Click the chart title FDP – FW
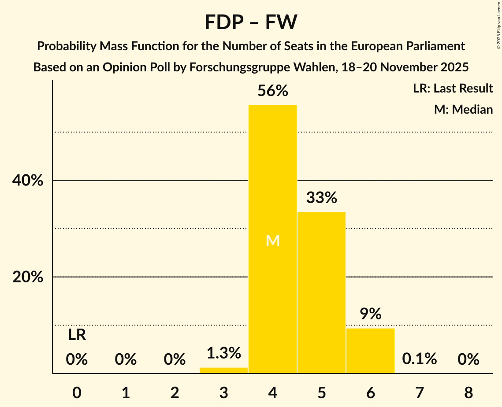tap(251, 22)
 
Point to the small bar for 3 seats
tap(223, 370)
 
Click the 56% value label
tap(272, 91)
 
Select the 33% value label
tap(321, 198)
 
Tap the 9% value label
tap(370, 314)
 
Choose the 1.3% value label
tap(223, 353)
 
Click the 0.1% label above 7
tap(419, 359)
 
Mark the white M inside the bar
tap(273, 240)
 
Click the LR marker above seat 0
tap(77, 335)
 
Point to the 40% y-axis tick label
tap(28, 181)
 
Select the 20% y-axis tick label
tap(28, 277)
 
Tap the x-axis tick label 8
tap(468, 392)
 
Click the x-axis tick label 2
tap(175, 392)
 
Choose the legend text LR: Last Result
tap(453, 89)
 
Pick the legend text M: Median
tap(463, 109)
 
